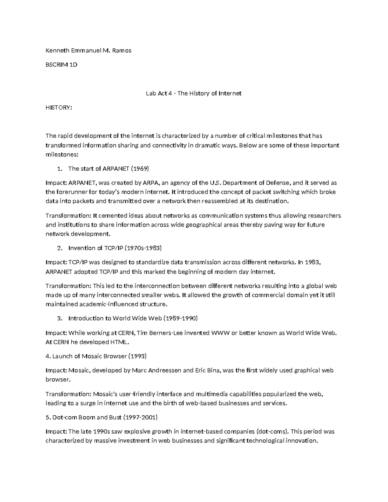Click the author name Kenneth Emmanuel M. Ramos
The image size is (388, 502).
[x=88, y=50]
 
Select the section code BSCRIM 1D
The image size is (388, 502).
[x=61, y=64]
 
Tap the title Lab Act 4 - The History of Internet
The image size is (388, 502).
[x=194, y=93]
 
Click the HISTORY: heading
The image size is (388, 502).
[x=59, y=108]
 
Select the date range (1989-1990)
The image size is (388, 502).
[x=180, y=318]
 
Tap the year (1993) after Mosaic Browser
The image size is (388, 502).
[x=137, y=356]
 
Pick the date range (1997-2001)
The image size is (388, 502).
[x=140, y=417]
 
